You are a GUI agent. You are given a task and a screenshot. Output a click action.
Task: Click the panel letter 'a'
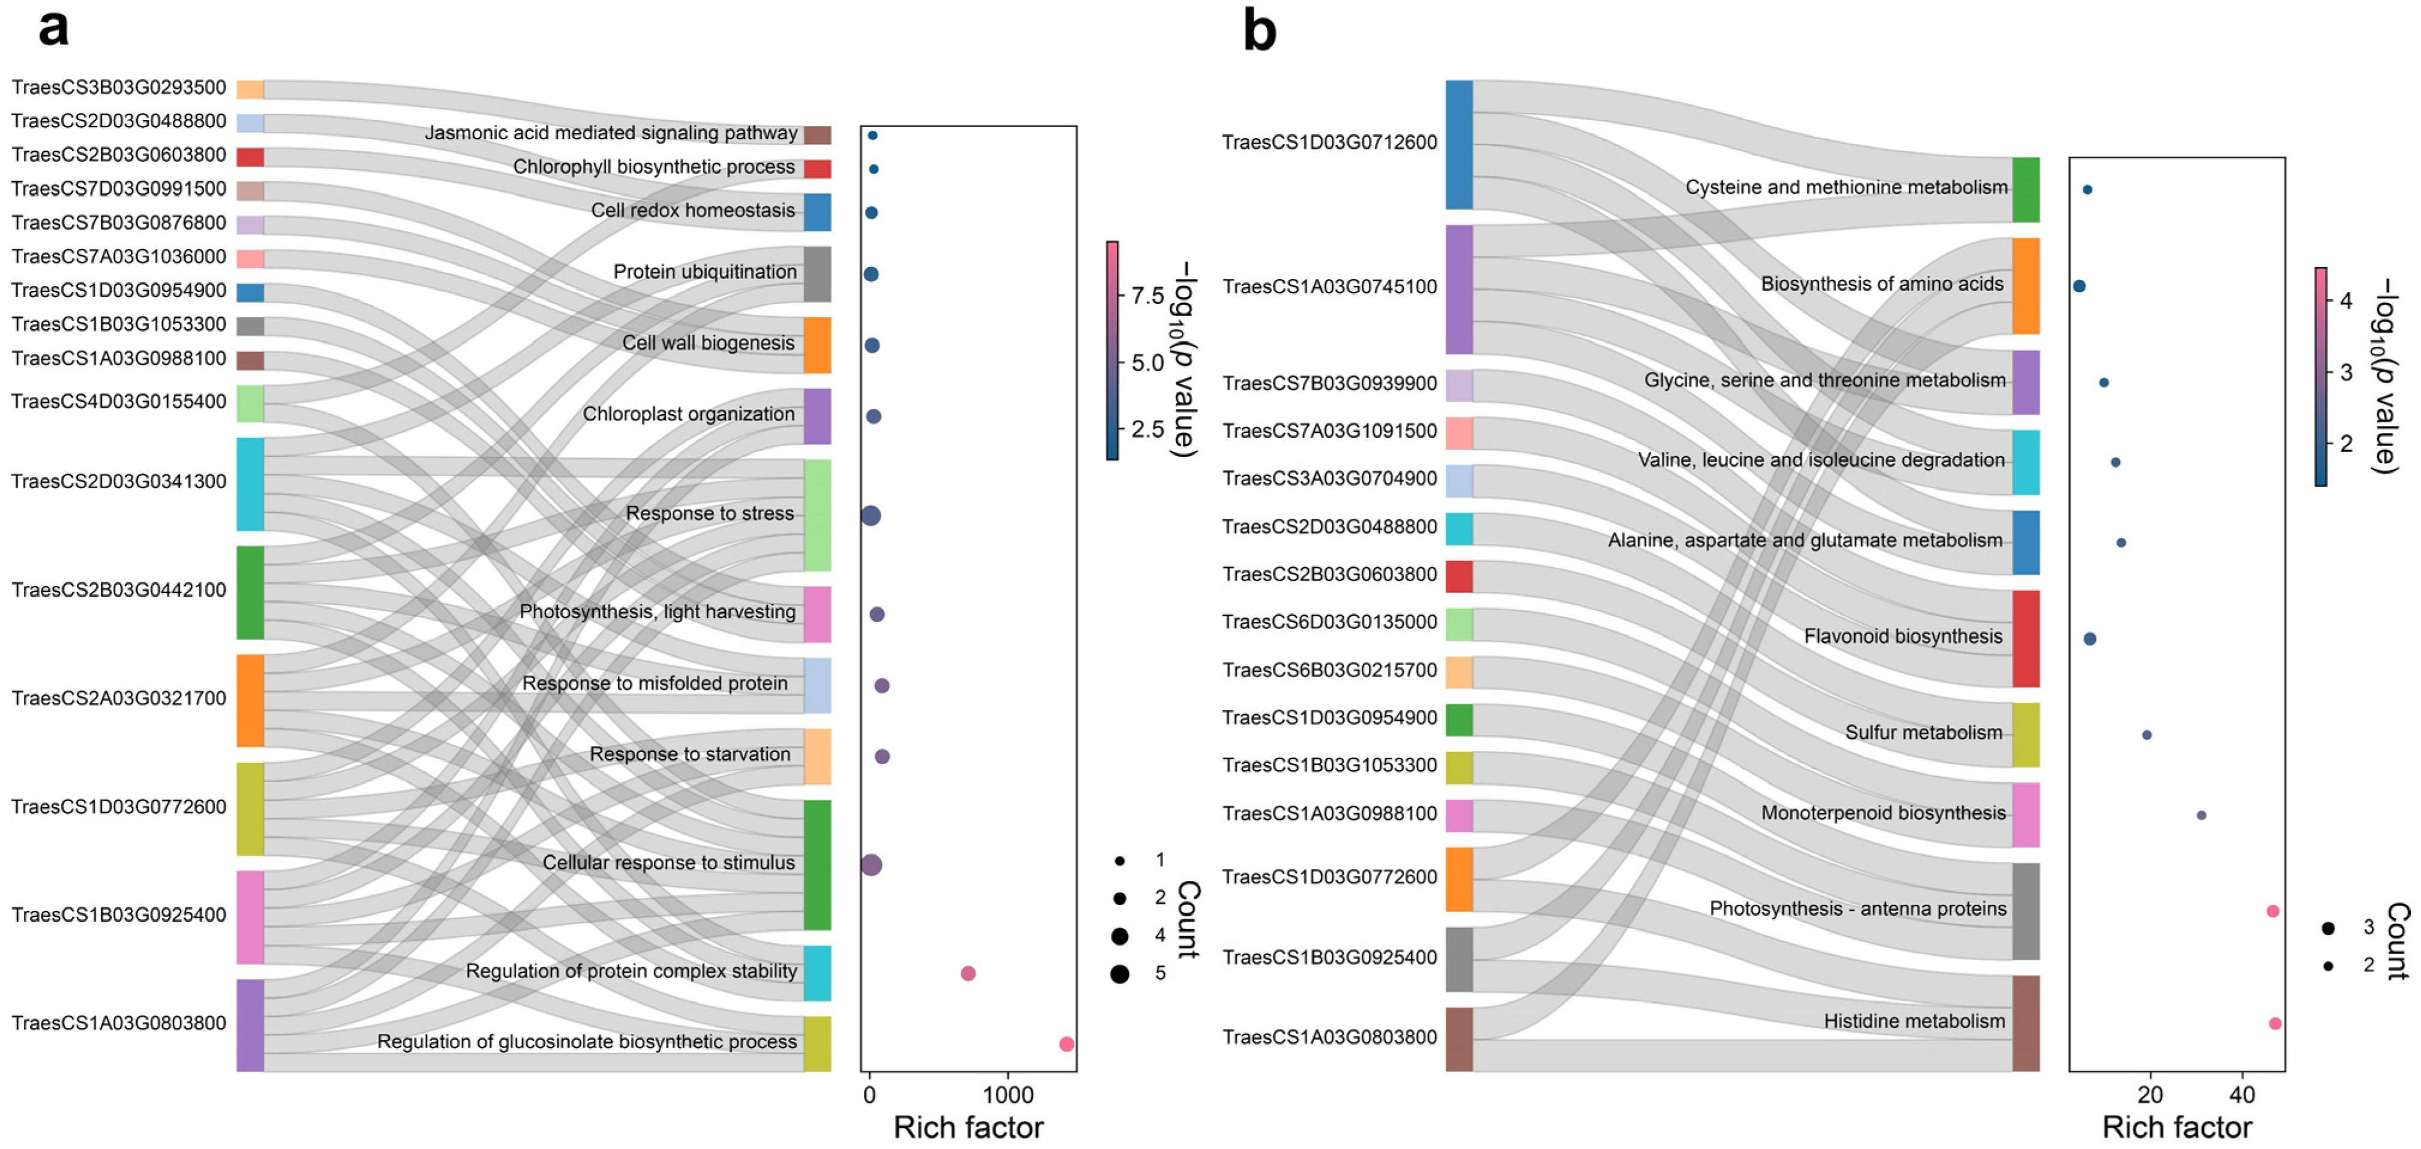53,28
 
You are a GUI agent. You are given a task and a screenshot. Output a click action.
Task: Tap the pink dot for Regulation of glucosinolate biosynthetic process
1066,1044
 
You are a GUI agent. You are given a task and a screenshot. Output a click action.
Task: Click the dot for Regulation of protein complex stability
968,973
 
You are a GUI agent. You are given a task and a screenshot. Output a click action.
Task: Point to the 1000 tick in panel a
1008,1094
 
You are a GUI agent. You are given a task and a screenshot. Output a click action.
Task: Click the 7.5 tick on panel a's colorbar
1146,296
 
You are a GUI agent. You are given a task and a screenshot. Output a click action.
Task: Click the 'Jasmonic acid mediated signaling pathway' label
611,133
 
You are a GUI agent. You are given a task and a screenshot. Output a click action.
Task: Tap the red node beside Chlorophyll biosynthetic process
817,169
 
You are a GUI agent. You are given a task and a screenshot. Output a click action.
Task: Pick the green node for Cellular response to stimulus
817,864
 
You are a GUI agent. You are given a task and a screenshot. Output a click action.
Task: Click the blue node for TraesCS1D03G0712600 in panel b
1459,145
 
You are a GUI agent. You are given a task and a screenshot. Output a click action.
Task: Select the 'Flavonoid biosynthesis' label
1903,636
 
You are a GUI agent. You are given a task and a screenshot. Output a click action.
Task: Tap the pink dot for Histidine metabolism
2275,1023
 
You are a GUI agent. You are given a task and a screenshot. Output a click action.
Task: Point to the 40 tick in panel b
2242,1094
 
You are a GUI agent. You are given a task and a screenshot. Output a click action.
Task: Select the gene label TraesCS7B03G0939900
1329,383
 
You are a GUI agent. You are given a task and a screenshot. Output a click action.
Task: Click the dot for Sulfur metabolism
2147,735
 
